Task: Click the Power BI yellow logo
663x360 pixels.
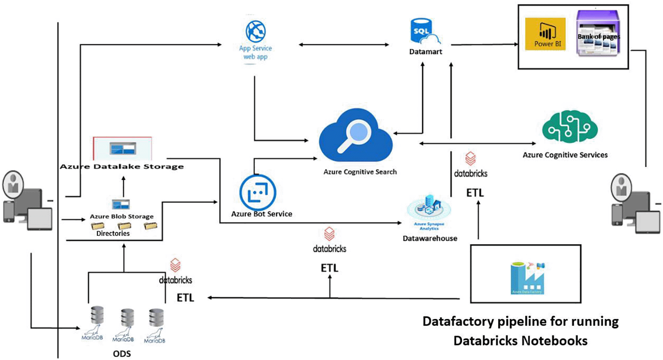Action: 545,34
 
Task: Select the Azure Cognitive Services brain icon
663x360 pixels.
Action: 569,127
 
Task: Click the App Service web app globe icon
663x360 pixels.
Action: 256,31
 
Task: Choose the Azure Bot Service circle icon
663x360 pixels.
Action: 258,192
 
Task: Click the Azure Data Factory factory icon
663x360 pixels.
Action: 527,278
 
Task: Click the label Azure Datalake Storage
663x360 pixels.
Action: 122,166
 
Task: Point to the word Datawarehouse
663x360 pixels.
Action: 430,238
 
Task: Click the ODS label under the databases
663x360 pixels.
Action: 122,353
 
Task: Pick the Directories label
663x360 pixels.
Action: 113,233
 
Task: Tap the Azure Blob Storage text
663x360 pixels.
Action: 122,216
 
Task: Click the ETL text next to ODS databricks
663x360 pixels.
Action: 185,298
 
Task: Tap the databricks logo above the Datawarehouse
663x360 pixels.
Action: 470,159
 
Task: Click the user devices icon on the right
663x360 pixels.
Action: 635,205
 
